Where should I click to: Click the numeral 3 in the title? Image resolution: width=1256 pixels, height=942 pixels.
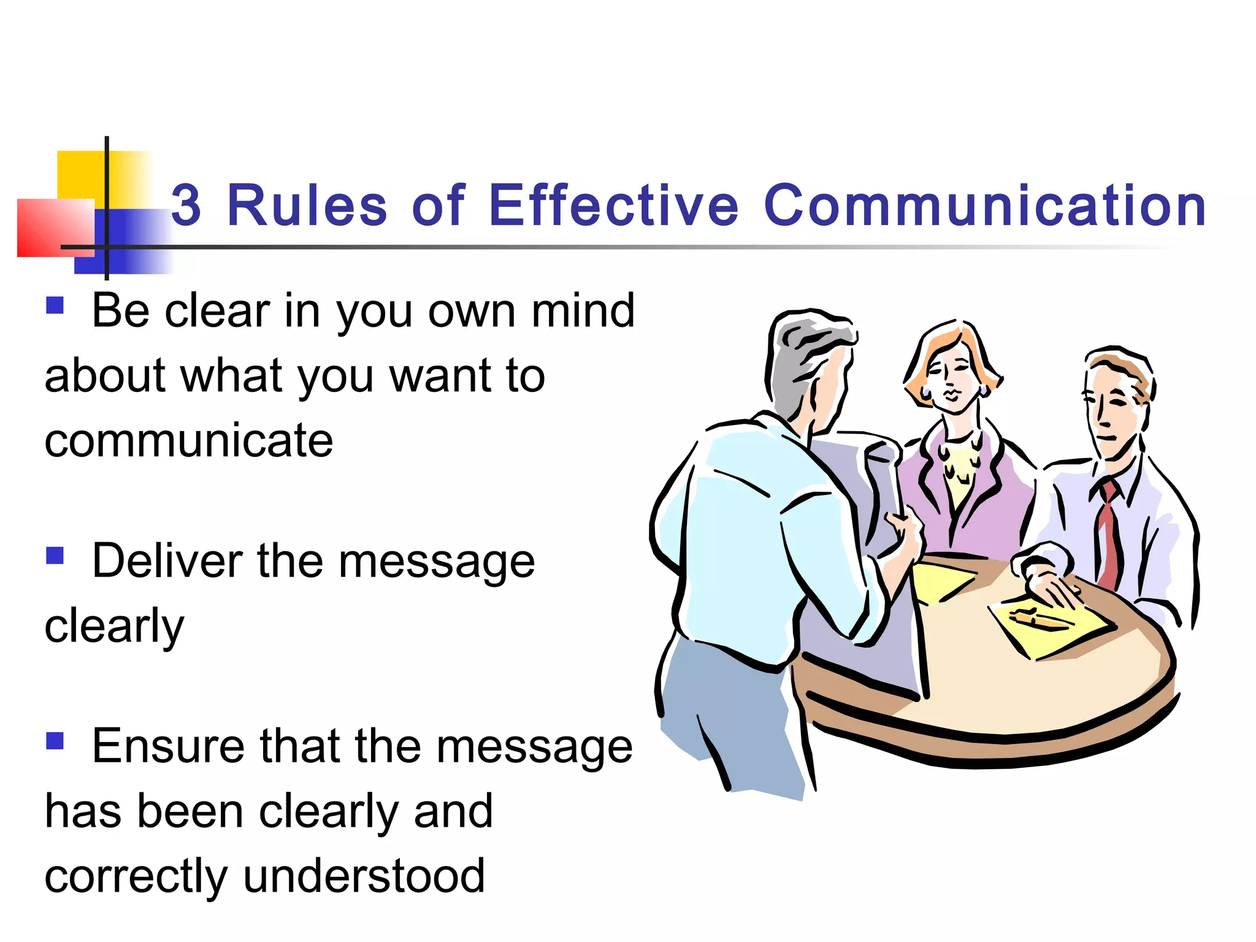[186, 205]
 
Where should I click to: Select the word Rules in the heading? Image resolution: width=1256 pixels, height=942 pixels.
[307, 205]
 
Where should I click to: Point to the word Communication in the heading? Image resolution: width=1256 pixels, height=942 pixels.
[985, 205]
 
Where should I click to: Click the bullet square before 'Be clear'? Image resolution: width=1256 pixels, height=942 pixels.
[55, 305]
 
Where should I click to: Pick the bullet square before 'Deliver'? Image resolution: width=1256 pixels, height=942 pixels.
[55, 556]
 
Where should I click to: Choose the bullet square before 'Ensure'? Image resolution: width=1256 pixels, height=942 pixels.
[55, 741]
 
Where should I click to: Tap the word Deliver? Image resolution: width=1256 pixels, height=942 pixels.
[167, 561]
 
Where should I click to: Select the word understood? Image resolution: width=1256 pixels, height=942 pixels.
[364, 876]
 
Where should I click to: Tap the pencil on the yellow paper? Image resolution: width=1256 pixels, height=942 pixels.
[1036, 618]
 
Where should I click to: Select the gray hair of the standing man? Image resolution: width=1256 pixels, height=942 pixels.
[797, 362]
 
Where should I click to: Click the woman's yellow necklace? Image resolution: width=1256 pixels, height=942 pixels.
[957, 469]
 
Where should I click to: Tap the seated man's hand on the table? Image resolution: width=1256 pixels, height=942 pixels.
[1052, 586]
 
